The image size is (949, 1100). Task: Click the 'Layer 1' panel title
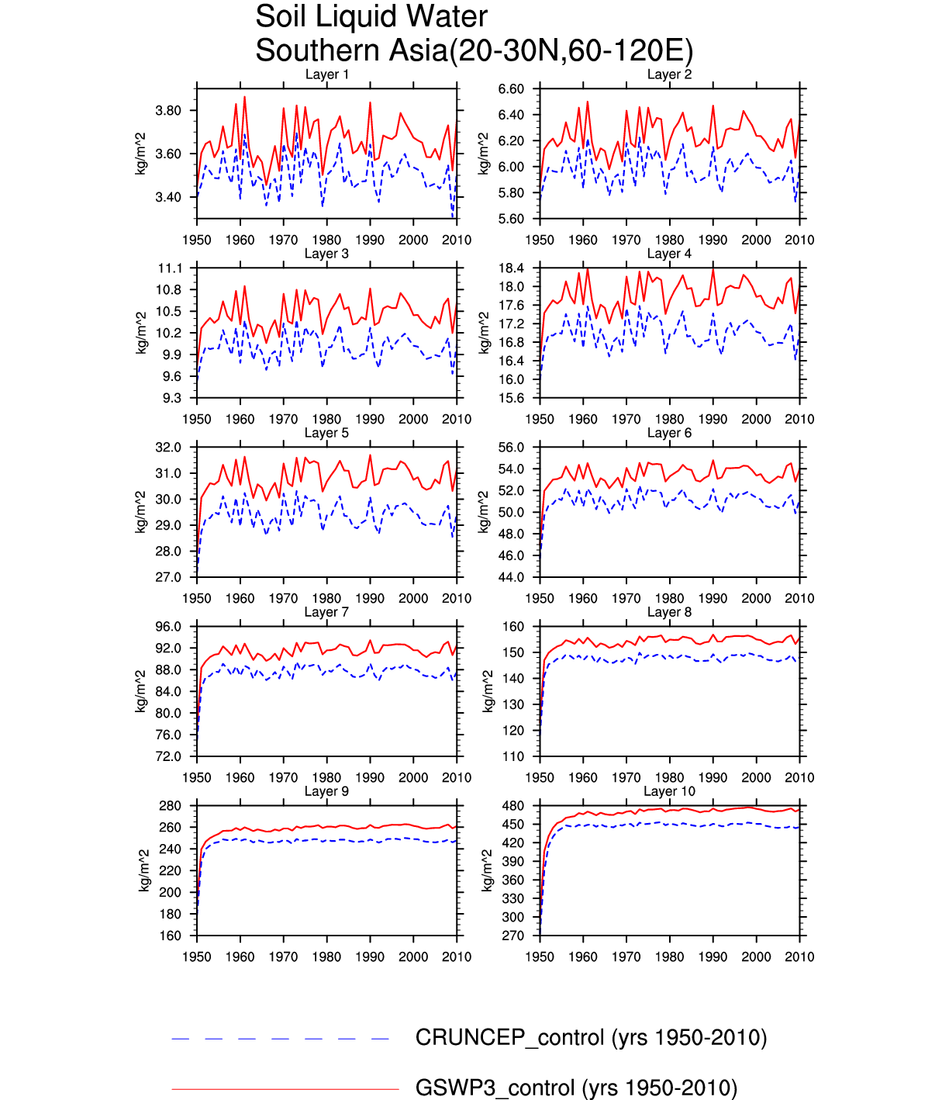coord(326,74)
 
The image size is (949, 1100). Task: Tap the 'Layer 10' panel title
coord(669,791)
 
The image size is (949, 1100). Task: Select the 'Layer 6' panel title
coord(669,433)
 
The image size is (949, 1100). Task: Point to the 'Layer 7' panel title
coord(326,612)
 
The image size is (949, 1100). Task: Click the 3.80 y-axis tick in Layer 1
coord(168,110)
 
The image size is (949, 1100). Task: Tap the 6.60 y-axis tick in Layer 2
coord(511,89)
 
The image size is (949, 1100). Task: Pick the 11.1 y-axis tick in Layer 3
coord(170,268)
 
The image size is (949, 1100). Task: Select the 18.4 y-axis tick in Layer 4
coord(511,268)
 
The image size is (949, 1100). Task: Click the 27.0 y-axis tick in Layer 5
coord(168,577)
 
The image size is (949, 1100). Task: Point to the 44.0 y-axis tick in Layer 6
coord(511,577)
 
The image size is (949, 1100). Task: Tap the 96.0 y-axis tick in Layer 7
coord(168,627)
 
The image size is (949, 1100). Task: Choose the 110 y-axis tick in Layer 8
coord(513,756)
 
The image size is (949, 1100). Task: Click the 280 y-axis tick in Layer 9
coord(170,806)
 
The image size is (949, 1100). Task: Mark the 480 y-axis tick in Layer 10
coord(513,806)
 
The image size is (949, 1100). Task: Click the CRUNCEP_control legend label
coord(591,1038)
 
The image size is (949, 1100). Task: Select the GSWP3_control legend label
coord(576,1088)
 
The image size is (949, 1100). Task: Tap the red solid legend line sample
coord(285,1089)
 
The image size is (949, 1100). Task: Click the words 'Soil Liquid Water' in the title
coord(371,17)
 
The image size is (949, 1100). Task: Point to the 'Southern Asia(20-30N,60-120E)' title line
coord(474,51)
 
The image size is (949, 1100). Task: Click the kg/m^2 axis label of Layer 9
coord(143,870)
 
